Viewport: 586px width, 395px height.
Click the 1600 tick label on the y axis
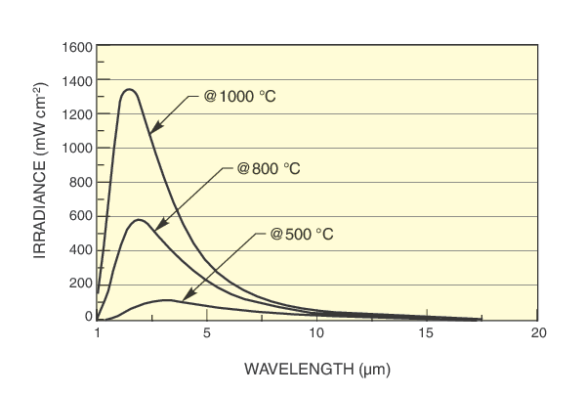click(x=77, y=47)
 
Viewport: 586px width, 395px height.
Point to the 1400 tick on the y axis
click(x=77, y=80)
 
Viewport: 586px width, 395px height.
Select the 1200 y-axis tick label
click(x=77, y=114)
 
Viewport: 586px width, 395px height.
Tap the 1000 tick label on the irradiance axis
click(x=77, y=149)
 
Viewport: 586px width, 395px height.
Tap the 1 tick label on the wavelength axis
click(x=98, y=333)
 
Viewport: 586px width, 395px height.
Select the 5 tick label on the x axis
click(x=207, y=333)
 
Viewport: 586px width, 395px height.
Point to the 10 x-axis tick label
click(x=317, y=333)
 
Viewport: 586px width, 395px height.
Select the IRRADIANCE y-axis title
click(x=41, y=183)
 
